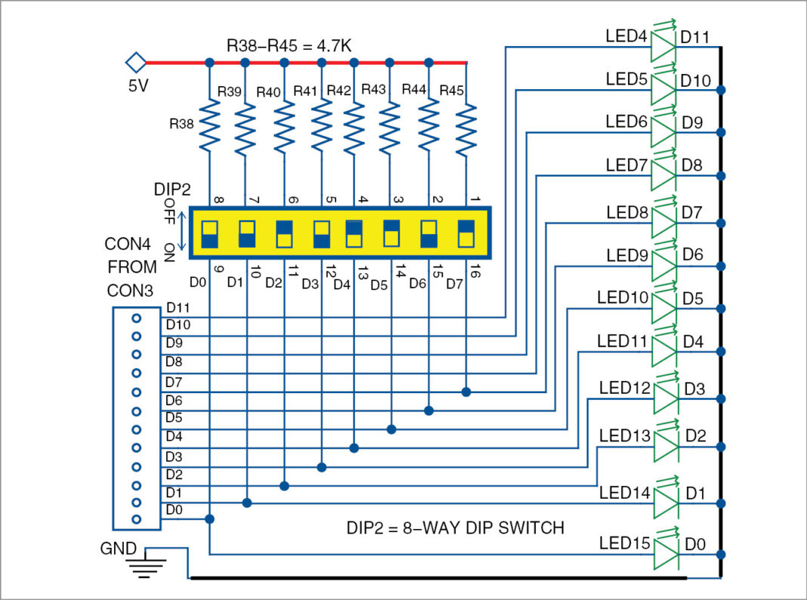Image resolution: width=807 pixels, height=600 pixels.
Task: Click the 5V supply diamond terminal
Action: [x=135, y=61]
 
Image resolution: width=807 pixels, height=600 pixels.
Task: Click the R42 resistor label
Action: [x=339, y=91]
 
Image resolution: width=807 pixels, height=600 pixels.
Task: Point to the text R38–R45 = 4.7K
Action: [x=289, y=46]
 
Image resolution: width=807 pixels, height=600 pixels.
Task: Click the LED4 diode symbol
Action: [x=663, y=47]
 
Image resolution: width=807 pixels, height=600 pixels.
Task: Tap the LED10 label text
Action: [x=623, y=298]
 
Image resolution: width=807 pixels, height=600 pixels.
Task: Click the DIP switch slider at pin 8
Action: [x=209, y=234]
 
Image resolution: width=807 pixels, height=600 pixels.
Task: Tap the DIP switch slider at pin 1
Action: [x=466, y=234]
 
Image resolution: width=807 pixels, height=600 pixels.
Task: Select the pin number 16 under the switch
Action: [x=474, y=273]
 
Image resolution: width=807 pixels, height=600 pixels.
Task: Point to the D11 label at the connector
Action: [x=178, y=308]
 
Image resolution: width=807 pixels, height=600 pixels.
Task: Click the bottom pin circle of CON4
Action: [x=137, y=519]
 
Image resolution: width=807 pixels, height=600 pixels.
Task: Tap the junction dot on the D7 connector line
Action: [x=466, y=391]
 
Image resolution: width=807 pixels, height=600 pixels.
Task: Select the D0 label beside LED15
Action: [x=695, y=543]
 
